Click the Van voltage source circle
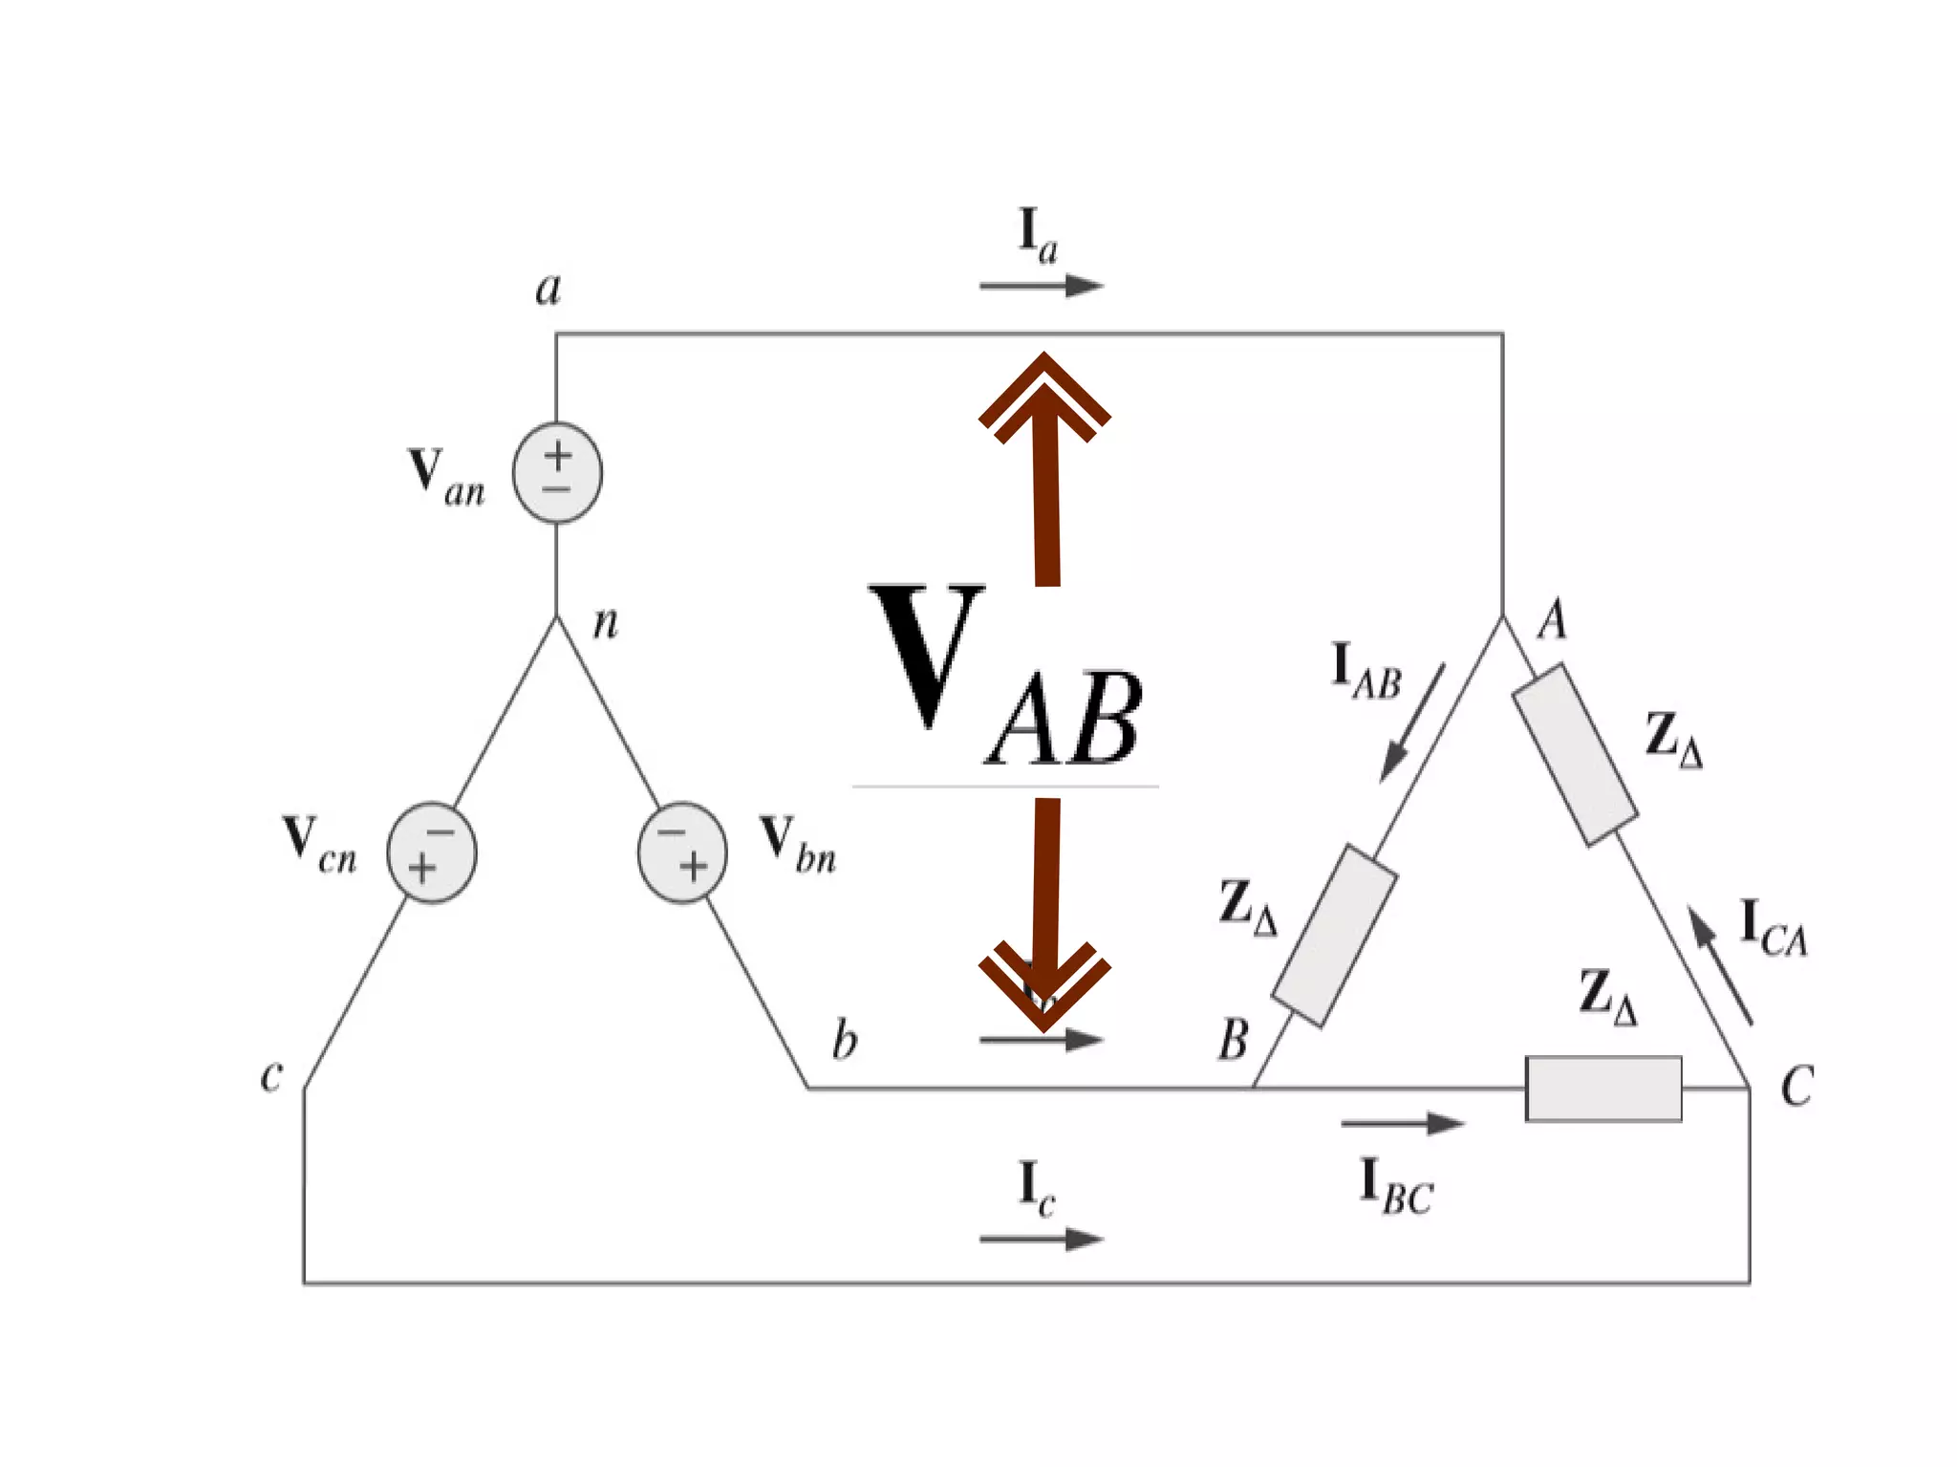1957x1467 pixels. (557, 472)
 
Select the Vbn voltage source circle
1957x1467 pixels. (682, 852)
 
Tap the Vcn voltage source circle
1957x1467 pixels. (431, 852)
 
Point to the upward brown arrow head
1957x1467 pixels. (1044, 397)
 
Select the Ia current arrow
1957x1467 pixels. (1042, 285)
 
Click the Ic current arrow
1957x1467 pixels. (1042, 1239)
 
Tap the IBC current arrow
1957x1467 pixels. (1403, 1124)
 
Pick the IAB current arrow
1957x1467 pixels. (1412, 723)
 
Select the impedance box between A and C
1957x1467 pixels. (1575, 755)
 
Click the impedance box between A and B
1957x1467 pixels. (1335, 935)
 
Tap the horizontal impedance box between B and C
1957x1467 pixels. (1603, 1089)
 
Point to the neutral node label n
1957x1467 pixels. (606, 623)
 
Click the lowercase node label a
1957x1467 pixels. (548, 288)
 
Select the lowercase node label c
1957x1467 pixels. (271, 1075)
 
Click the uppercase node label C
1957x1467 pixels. (1796, 1087)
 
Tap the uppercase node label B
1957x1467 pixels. (1234, 1039)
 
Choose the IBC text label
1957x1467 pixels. (1396, 1188)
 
